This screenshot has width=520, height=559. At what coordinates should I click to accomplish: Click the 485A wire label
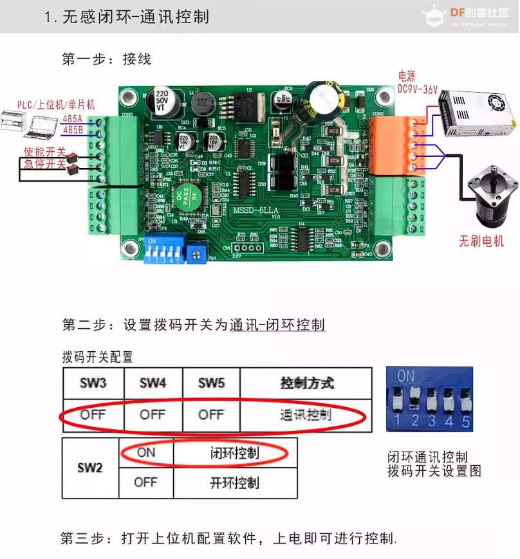[x=73, y=119]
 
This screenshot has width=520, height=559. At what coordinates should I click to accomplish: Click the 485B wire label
[x=73, y=130]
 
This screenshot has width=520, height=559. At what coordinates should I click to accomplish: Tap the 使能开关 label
[x=45, y=152]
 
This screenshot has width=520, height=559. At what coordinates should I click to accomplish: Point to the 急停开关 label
[x=45, y=164]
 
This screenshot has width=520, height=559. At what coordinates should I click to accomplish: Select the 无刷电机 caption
[x=481, y=242]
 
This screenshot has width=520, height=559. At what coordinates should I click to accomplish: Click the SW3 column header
[x=93, y=383]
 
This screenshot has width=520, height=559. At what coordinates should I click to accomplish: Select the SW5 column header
[x=211, y=383]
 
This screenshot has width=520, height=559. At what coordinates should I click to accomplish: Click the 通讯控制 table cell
[x=306, y=415]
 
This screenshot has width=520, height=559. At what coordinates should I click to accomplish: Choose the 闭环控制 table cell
[x=235, y=453]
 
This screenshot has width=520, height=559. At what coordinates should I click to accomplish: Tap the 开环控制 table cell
[x=235, y=482]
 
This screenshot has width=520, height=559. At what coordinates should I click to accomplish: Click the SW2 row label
[x=90, y=468]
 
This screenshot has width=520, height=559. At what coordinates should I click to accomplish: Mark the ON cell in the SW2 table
[x=146, y=453]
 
